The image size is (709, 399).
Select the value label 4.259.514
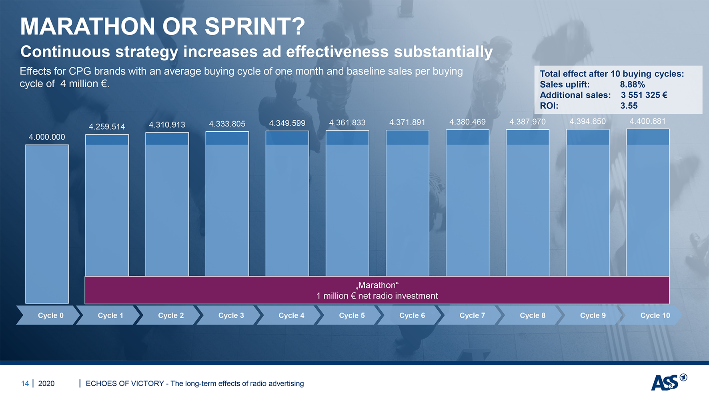coord(107,127)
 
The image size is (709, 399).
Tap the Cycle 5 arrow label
coord(352,315)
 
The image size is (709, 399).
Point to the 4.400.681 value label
coord(647,121)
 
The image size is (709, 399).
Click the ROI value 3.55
coord(629,106)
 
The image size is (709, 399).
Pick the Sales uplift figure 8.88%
coord(632,84)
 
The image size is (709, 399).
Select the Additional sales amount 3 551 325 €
coord(644,95)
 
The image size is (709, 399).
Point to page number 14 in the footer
coord(25,383)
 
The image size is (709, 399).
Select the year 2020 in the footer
coord(46,383)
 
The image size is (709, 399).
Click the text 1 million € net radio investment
coord(377,296)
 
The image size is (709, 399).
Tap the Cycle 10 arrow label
coord(655,315)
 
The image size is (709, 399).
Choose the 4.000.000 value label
coord(47,137)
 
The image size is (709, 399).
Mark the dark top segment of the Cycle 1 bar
coord(107,140)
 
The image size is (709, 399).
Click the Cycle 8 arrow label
coord(533,315)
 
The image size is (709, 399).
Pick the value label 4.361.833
coord(347,123)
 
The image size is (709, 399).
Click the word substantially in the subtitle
coord(443,52)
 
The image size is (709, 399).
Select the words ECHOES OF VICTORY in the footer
coord(125,383)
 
